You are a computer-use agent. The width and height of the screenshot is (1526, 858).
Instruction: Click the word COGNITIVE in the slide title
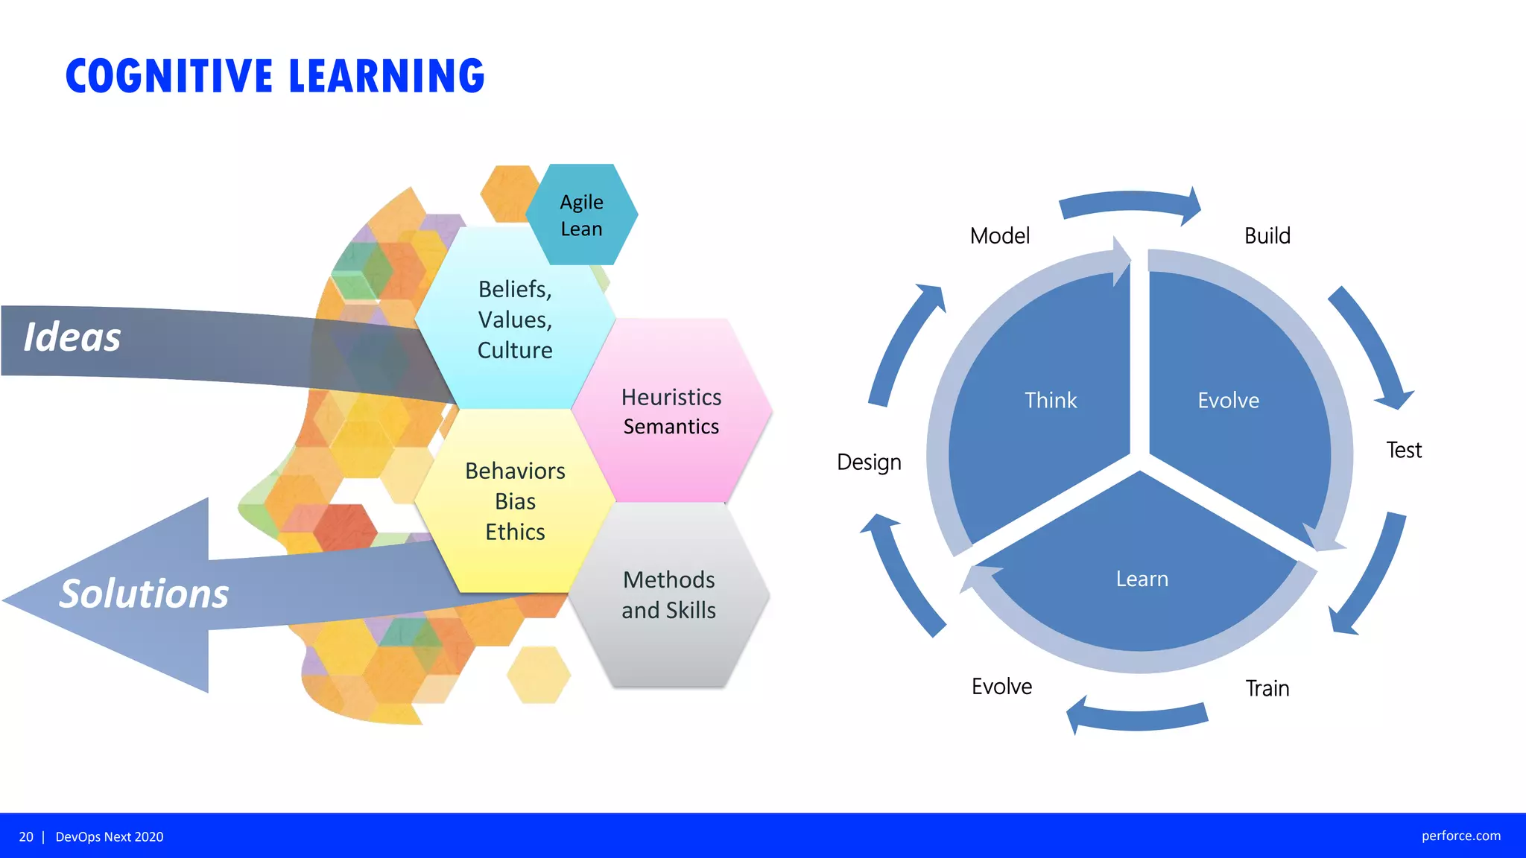tap(170, 76)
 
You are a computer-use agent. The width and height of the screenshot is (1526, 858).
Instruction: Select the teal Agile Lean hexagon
tap(582, 215)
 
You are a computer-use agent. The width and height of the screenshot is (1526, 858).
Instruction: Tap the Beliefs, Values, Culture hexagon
tap(515, 320)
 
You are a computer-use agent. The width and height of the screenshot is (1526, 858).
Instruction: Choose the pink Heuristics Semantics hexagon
tap(671, 411)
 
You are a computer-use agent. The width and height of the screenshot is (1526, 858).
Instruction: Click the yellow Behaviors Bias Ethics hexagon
tap(515, 501)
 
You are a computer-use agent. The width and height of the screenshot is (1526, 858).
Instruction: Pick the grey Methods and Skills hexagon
tap(668, 594)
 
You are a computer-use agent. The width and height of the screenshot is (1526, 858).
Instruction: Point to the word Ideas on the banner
tap(72, 337)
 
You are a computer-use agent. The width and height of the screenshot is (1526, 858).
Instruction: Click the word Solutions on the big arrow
tap(144, 594)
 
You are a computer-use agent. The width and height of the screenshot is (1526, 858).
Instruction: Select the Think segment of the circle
tap(1050, 401)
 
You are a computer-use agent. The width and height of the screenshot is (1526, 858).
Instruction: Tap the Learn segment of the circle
tap(1142, 579)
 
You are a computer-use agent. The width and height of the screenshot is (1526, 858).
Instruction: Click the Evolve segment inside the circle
tap(1228, 401)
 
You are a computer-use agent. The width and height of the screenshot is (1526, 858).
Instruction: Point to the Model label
tap(999, 236)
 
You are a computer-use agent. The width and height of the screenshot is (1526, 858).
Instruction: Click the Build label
tap(1267, 236)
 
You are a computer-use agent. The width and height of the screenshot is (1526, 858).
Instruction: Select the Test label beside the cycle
tap(1403, 450)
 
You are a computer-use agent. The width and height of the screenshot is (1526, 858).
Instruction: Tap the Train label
tap(1267, 688)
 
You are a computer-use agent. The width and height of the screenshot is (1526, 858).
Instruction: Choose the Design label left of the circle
tap(869, 462)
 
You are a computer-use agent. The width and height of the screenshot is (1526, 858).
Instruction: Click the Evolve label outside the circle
tap(1001, 686)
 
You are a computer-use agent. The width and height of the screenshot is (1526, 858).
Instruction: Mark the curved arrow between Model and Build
tap(1129, 203)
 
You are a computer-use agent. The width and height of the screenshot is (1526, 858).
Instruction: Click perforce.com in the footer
tap(1460, 836)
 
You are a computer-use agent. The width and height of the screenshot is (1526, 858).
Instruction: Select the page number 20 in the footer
tap(26, 836)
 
